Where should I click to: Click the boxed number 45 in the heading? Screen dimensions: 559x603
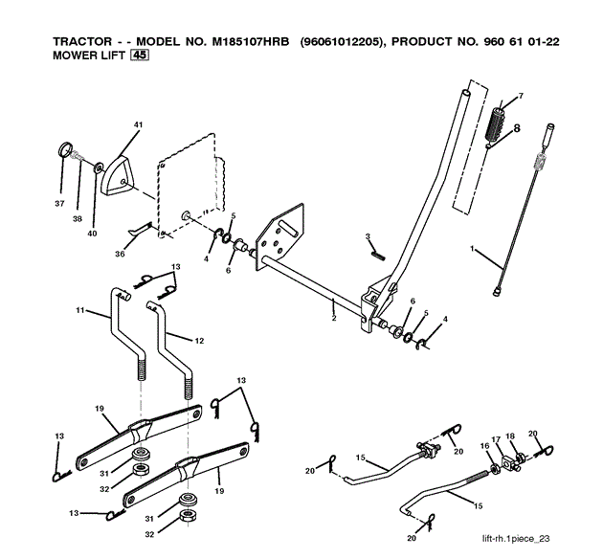[140, 56]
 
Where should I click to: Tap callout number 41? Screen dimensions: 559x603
[138, 125]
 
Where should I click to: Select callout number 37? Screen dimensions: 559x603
[60, 203]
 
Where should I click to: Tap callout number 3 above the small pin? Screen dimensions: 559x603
[367, 236]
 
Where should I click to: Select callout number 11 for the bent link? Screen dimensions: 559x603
[80, 310]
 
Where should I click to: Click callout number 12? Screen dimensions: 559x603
[199, 341]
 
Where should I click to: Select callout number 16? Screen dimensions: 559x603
[483, 446]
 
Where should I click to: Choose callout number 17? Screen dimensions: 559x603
[496, 439]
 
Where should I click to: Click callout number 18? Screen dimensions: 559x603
[510, 436]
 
